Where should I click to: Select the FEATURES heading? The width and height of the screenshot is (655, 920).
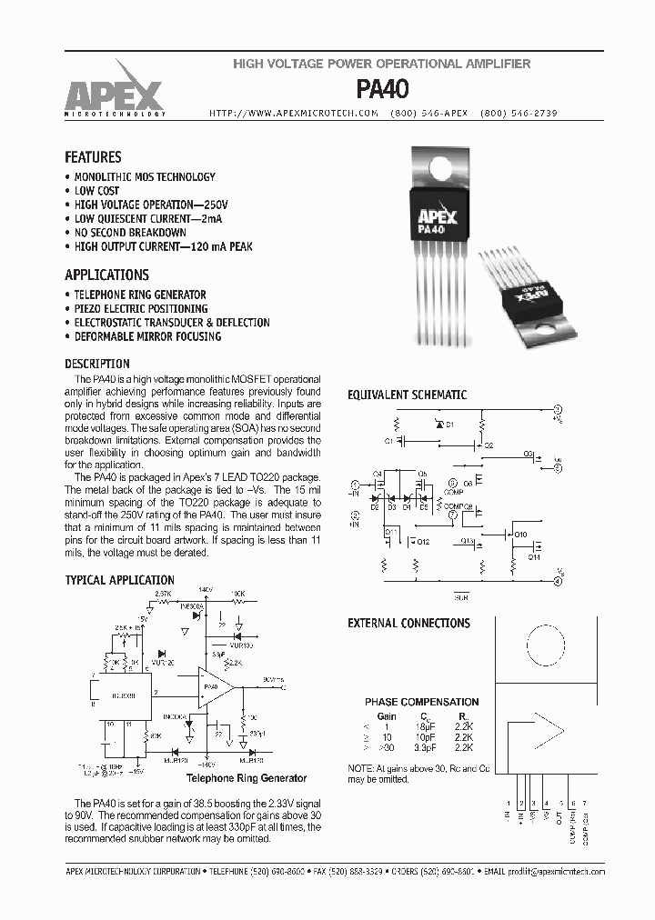pos(93,156)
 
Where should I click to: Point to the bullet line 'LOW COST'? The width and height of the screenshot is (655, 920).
pos(96,191)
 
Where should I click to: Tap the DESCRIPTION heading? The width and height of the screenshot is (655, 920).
pos(97,364)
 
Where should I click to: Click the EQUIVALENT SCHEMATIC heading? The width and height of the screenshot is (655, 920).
pos(408,395)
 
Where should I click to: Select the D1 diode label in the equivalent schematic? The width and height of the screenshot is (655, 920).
pos(449,425)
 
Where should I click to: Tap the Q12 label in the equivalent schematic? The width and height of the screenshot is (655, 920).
pos(423,542)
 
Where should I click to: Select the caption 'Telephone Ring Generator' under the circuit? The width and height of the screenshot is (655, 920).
pos(246,778)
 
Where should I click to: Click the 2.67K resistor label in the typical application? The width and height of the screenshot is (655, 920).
pos(163,593)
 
